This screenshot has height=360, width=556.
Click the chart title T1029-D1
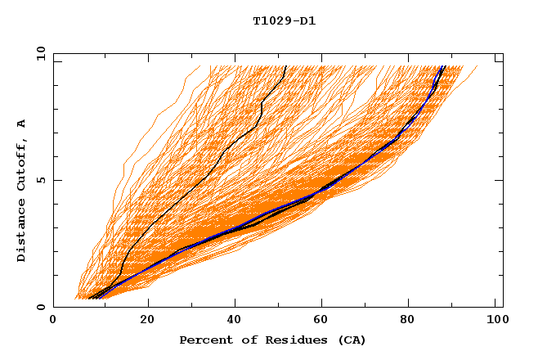(x=284, y=20)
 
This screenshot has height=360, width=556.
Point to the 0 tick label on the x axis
(x=53, y=320)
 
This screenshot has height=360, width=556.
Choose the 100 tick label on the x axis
(x=495, y=320)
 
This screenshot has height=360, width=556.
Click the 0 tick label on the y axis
(x=41, y=307)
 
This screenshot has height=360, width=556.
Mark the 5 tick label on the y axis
(x=41, y=180)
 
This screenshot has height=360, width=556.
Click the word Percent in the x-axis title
(x=203, y=340)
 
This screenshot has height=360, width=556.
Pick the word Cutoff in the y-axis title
(x=22, y=164)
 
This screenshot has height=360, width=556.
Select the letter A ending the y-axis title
(x=22, y=124)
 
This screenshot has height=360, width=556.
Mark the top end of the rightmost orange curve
(x=478, y=66)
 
